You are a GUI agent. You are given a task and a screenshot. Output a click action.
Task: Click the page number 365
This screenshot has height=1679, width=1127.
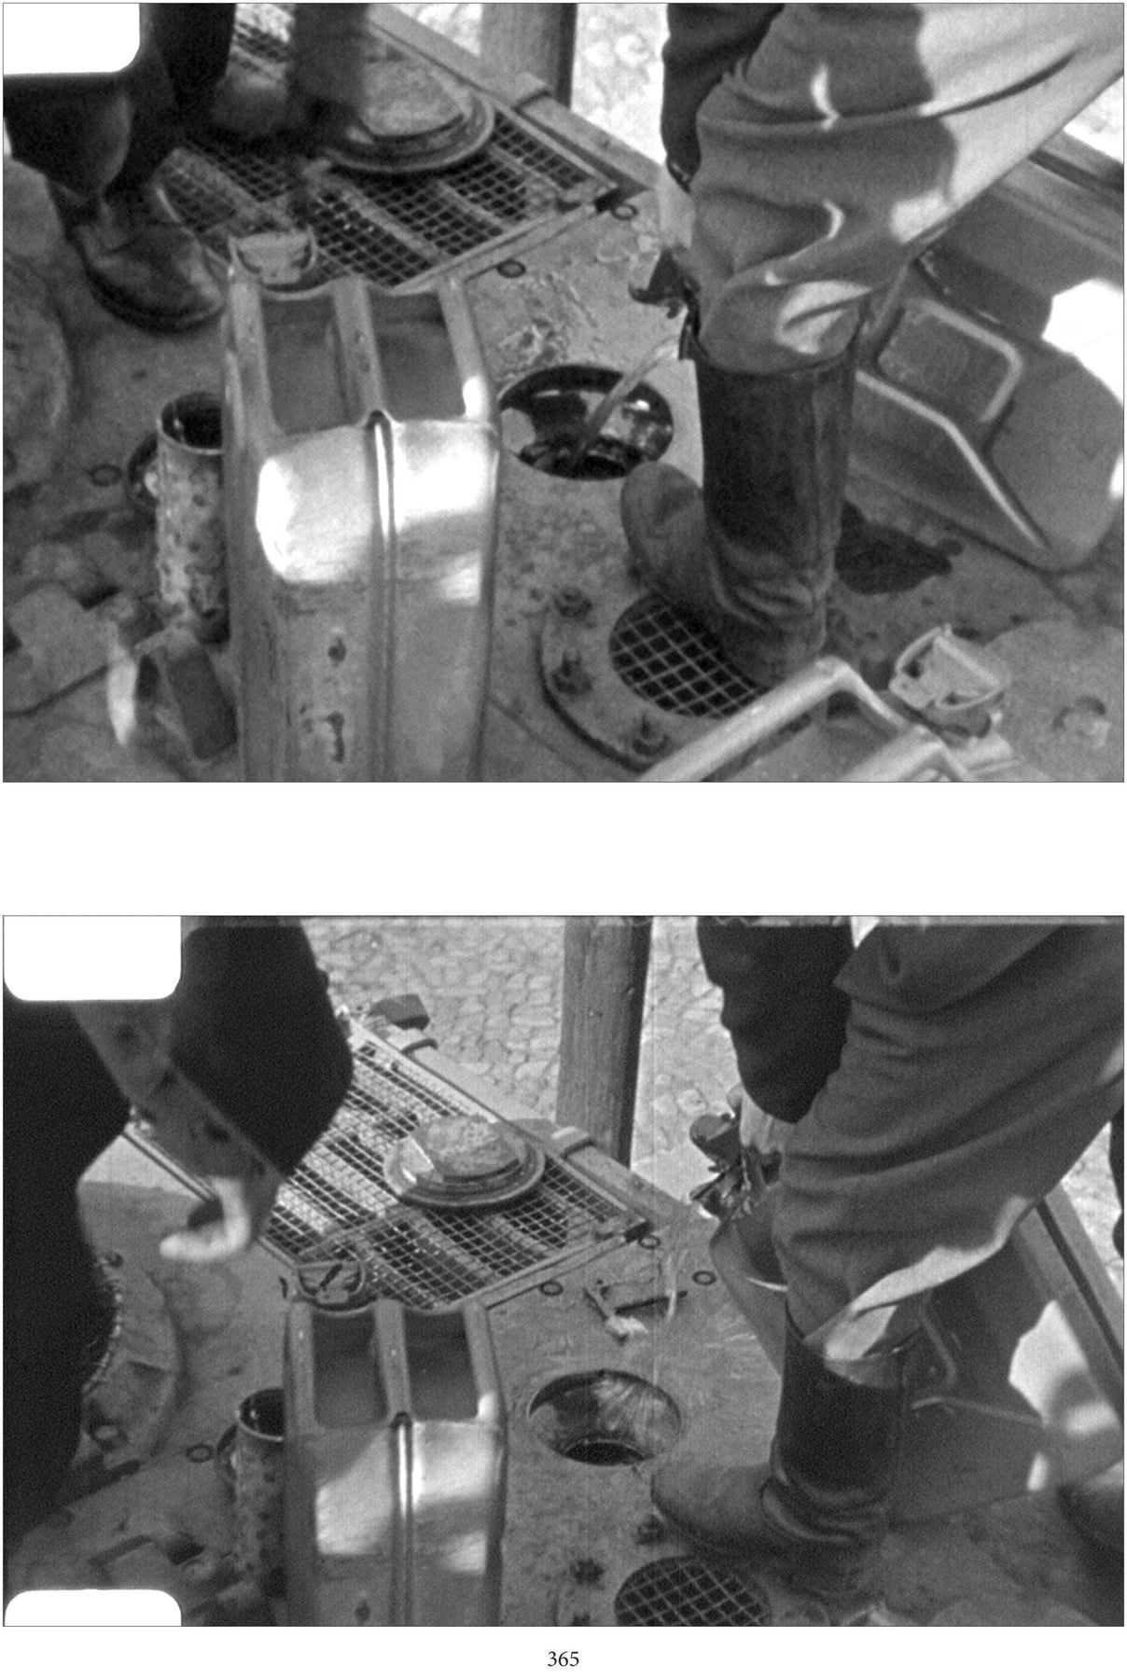(x=563, y=1658)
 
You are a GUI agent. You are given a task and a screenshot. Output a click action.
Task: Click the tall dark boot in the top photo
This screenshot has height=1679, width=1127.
(x=746, y=504)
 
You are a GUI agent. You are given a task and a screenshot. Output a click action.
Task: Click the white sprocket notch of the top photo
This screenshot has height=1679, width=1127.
(x=71, y=37)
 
